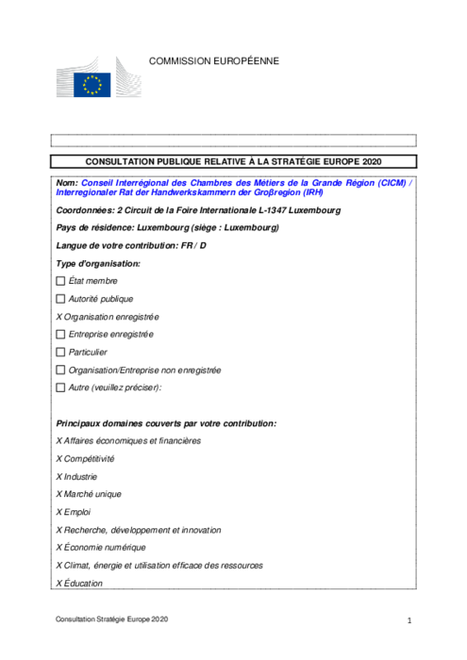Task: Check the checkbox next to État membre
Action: (61, 281)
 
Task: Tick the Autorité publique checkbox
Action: (61, 299)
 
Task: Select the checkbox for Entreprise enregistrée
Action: (61, 335)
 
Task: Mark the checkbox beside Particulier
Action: (61, 353)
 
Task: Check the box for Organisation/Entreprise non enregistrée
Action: (61, 371)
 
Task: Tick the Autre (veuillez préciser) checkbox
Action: (61, 388)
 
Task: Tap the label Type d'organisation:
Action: (98, 263)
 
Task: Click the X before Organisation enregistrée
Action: (59, 317)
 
